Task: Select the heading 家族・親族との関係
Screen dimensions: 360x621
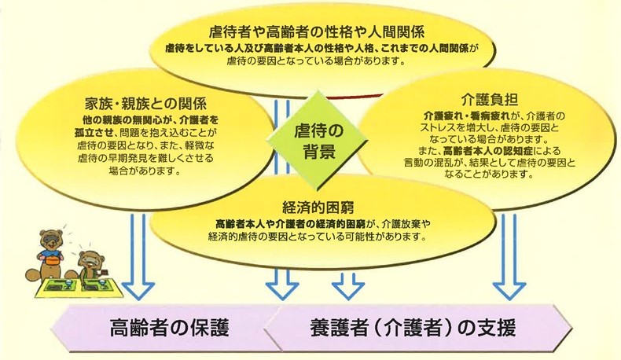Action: [145, 104]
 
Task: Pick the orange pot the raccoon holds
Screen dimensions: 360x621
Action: [52, 259]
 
